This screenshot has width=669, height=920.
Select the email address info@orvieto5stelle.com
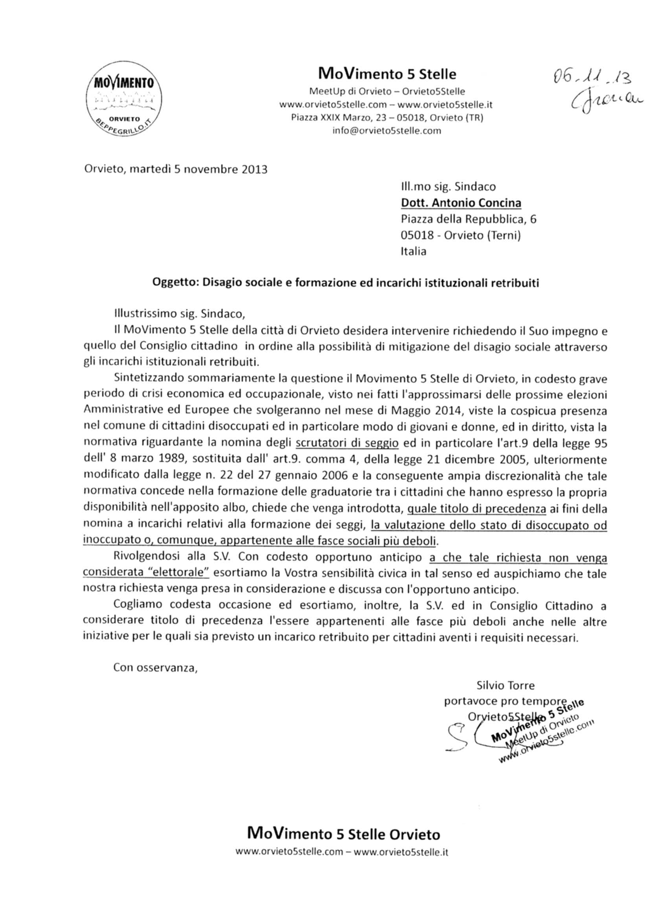pos(386,131)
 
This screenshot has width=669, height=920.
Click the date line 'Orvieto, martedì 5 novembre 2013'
pos(176,169)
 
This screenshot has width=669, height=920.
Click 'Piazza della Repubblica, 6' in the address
pos(468,219)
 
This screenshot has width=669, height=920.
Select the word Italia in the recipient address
pos(414,251)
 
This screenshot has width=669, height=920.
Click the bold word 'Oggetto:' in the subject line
pos(176,283)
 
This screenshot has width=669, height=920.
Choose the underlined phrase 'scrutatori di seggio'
pos(347,443)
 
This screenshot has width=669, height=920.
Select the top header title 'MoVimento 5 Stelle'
pos(387,74)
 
